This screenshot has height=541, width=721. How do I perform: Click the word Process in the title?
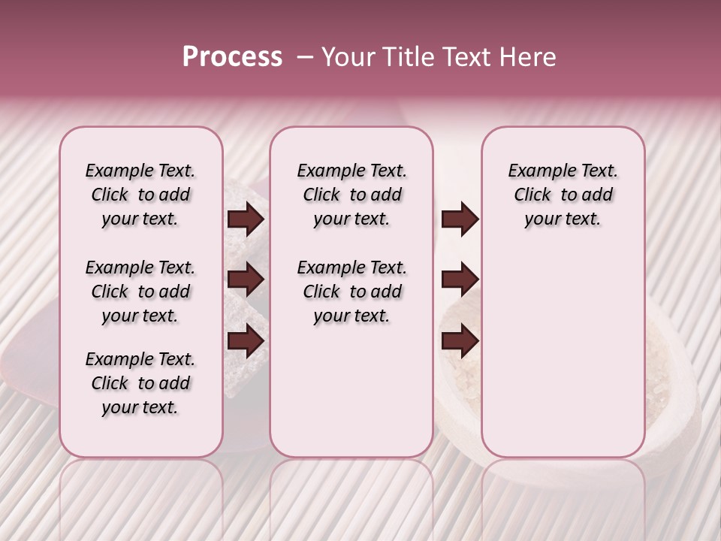(x=232, y=57)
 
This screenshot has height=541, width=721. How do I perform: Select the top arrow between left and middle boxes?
(x=246, y=219)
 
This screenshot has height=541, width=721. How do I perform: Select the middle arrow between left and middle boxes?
(x=246, y=280)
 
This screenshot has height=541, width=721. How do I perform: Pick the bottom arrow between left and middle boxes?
(x=246, y=340)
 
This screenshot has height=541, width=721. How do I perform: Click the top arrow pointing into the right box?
(x=460, y=219)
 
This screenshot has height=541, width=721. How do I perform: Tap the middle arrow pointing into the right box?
(x=460, y=280)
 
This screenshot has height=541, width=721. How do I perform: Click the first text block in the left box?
(x=140, y=195)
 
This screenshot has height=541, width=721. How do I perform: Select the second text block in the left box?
(x=140, y=292)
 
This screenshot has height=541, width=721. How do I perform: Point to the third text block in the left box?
(x=140, y=383)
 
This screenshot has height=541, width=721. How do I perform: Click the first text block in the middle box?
(x=351, y=195)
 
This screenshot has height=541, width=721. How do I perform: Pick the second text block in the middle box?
(x=351, y=292)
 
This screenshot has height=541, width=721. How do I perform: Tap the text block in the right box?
(x=563, y=195)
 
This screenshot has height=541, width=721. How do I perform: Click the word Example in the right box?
(x=538, y=171)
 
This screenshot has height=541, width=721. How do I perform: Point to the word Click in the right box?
(x=532, y=195)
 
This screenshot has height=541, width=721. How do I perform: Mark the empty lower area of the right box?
(x=563, y=353)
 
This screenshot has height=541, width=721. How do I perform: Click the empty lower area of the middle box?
(x=351, y=391)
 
